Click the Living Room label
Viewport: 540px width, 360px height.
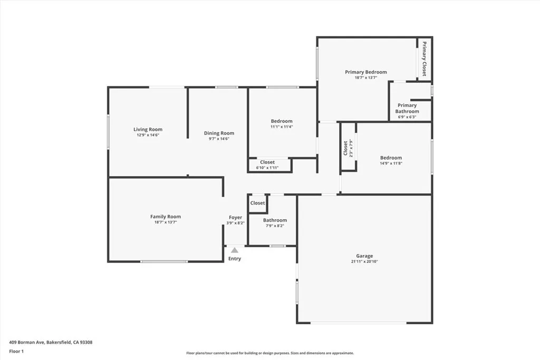[x=148, y=130]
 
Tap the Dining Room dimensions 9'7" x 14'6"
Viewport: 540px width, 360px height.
[x=219, y=139]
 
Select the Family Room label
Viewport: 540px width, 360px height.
[x=165, y=217]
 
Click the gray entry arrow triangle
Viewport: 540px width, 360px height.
[x=235, y=250]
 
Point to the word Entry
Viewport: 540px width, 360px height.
[x=235, y=259]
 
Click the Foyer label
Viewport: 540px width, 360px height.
[x=235, y=218]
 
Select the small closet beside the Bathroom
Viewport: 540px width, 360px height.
[x=257, y=203]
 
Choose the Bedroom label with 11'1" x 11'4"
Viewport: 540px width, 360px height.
[x=281, y=121]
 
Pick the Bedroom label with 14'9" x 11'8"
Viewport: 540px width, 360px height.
[x=391, y=158]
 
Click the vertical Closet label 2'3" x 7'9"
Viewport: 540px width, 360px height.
[x=346, y=148]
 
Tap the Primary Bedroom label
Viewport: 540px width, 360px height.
[x=365, y=72]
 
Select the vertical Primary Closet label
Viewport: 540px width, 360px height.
[x=424, y=59]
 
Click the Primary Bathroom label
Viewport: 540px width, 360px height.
[x=407, y=108]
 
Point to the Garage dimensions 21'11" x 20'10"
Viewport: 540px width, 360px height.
[x=364, y=261]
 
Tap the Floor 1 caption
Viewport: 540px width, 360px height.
[x=17, y=351]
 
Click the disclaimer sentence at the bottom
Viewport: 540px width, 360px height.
[x=269, y=353]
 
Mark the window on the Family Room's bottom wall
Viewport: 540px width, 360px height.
[x=163, y=261]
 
